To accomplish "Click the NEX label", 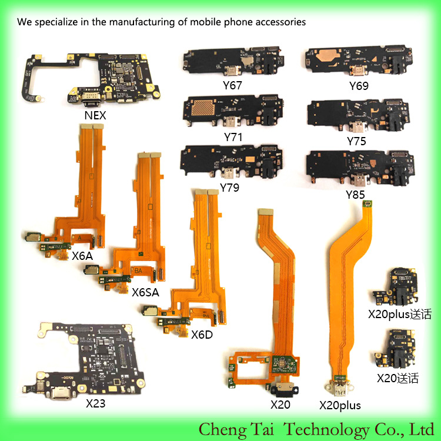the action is click(95, 115).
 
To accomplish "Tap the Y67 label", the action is click(232, 85).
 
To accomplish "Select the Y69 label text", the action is click(359, 86).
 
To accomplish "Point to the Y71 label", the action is click(233, 137).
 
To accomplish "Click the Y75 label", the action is click(356, 141).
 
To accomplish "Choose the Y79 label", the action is click(229, 188).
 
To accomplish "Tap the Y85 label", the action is click(355, 195).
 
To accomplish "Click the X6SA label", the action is click(145, 292).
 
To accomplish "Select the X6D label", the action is click(202, 335).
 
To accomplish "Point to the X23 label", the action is click(96, 403).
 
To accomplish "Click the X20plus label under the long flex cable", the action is click(340, 406).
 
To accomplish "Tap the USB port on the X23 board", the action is click(59, 392).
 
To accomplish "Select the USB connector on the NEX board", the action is click(90, 99).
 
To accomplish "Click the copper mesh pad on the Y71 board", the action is click(203, 108).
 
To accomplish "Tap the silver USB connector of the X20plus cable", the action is click(339, 387).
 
